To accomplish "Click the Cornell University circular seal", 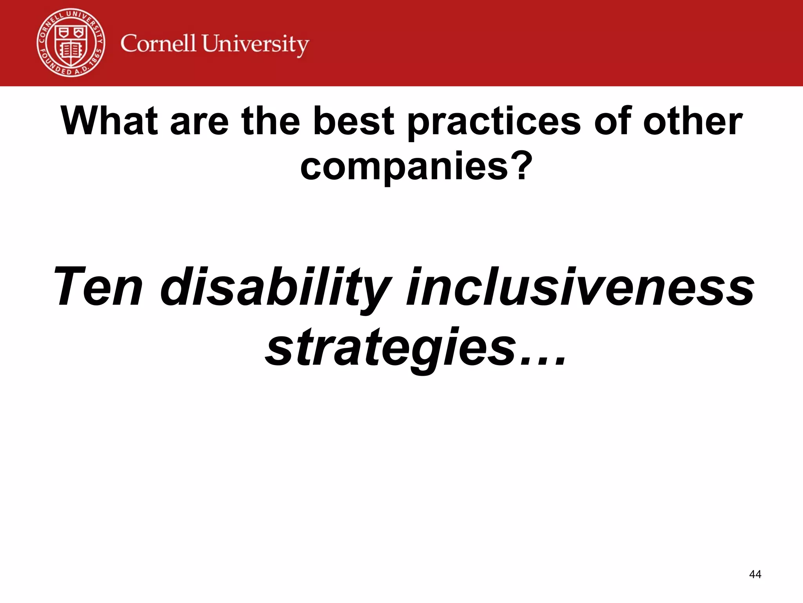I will (x=71, y=42).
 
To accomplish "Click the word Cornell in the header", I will (x=158, y=44).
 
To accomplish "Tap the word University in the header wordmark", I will (x=255, y=44).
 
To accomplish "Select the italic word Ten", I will (x=98, y=287).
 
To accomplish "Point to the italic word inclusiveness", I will (x=580, y=287).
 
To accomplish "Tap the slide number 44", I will (x=755, y=574).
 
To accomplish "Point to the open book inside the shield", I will (x=71, y=50).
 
